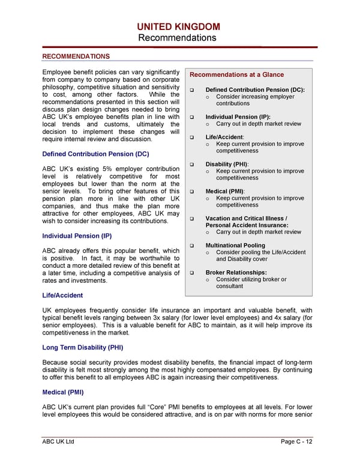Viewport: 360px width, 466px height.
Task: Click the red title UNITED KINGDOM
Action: pos(179,26)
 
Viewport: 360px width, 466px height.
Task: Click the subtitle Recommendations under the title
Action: pos(179,38)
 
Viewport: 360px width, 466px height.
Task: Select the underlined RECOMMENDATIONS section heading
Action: pos(76,56)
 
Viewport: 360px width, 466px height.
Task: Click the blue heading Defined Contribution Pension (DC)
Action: pos(95,154)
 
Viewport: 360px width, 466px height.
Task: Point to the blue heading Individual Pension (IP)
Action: pos(77,236)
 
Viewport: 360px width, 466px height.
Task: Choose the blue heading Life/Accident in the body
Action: pos(62,295)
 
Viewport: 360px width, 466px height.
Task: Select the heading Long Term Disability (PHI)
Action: pos(83,347)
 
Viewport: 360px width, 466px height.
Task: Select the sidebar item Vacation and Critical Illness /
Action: pos(247,219)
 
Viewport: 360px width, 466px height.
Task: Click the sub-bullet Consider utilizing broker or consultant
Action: pos(251,283)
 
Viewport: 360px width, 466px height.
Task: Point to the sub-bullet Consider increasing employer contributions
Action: pos(255,100)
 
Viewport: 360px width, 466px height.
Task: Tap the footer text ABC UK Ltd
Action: pos(58,443)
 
